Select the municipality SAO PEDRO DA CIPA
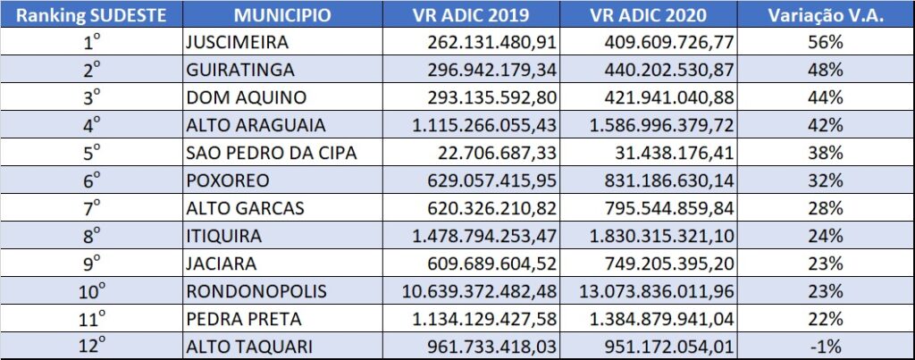pos(272,153)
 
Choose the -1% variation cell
pos(830,347)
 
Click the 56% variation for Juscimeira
pos(830,41)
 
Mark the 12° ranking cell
pos(90,347)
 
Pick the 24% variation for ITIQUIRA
pos(830,237)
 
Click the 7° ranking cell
pos(90,208)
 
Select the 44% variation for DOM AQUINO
pos(830,96)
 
